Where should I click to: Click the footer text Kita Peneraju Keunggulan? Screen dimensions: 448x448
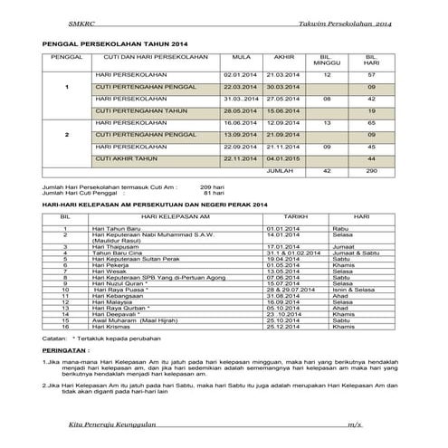113,425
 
